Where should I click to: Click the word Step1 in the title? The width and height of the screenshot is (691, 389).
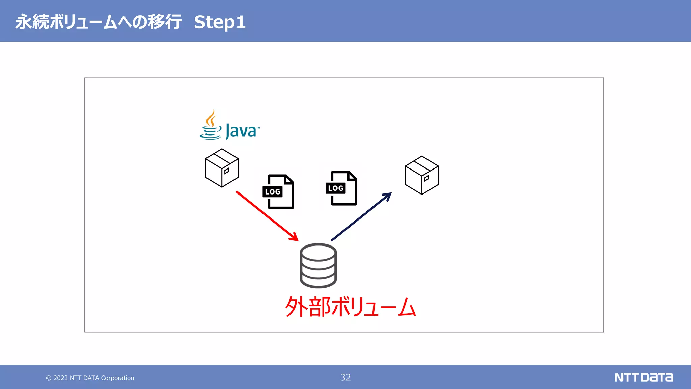pyautogui.click(x=220, y=22)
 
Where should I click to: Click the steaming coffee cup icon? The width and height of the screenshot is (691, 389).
pyautogui.click(x=211, y=126)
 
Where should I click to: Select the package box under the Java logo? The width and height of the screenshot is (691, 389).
pyautogui.click(x=222, y=168)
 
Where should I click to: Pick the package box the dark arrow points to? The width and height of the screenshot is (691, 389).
pyautogui.click(x=421, y=175)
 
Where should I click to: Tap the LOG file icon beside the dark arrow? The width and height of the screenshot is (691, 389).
pyautogui.click(x=341, y=188)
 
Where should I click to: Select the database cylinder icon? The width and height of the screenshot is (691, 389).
pyautogui.click(x=318, y=265)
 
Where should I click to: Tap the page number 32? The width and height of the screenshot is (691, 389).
pyautogui.click(x=345, y=377)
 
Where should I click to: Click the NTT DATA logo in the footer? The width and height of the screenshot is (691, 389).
pyautogui.click(x=643, y=377)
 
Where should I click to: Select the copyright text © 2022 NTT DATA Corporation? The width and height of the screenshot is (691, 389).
pyautogui.click(x=90, y=378)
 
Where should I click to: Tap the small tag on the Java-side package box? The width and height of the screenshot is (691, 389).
pyautogui.click(x=227, y=171)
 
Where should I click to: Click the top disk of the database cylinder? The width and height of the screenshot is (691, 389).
pyautogui.click(x=318, y=252)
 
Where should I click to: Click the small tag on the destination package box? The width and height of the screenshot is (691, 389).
pyautogui.click(x=426, y=178)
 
